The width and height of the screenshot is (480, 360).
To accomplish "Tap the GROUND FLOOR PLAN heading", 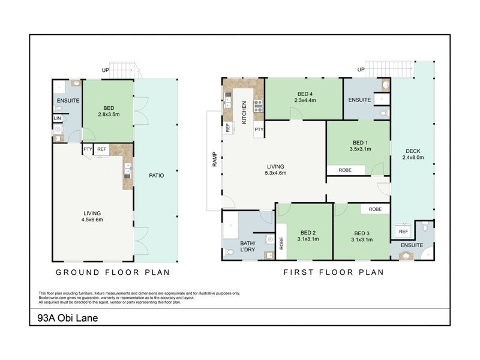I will point(113,272).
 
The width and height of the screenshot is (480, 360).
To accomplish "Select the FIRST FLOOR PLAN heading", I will point(333,272).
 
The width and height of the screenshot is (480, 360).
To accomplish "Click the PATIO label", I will point(157,176).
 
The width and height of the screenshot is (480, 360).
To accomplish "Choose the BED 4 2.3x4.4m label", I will point(305,97).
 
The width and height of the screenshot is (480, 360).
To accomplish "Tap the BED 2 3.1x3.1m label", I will point(308,236).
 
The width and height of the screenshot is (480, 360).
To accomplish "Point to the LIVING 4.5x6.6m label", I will point(92,216).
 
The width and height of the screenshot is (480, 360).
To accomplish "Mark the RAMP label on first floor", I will point(213,160).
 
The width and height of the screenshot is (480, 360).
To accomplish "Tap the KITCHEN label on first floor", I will point(244,112).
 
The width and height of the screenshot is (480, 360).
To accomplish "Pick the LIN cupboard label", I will point(58,119).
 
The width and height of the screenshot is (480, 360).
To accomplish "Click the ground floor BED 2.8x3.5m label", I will point(109,110).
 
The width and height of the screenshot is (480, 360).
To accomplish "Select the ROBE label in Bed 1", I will point(345,170).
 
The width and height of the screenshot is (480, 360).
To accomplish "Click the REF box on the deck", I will point(403,232).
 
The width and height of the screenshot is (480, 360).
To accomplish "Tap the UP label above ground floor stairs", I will point(106,70).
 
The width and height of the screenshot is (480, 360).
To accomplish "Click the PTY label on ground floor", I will point(88,149).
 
